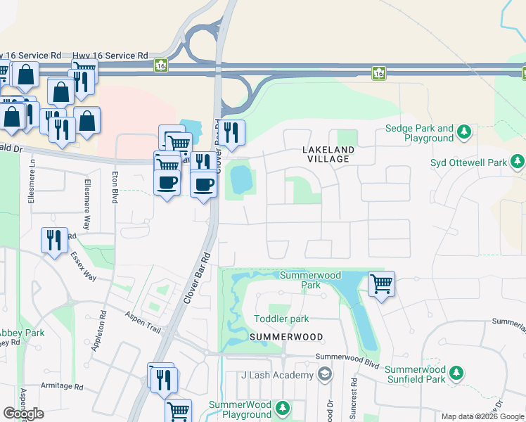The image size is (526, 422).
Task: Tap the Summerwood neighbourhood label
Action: (x=286, y=338)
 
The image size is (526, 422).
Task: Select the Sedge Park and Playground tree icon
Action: (x=463, y=132)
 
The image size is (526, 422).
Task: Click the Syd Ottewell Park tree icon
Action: (x=517, y=163)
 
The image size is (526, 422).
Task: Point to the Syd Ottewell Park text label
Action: (x=468, y=163)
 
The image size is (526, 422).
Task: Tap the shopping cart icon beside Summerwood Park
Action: (x=381, y=284)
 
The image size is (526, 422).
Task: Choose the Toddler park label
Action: (x=281, y=319)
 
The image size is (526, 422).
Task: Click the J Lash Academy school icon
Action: (x=324, y=375)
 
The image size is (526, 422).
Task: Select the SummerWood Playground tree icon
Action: (x=283, y=408)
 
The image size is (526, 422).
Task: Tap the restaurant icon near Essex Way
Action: (x=54, y=241)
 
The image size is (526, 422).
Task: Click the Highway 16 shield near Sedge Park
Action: (x=379, y=72)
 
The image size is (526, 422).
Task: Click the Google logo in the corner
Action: (x=23, y=414)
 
